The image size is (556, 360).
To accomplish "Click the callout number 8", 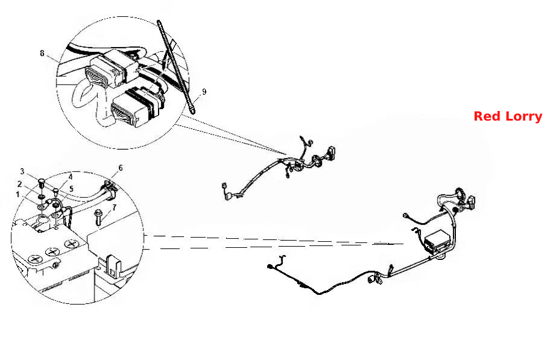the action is tap(42, 53).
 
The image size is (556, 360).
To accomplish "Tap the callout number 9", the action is tap(204, 92).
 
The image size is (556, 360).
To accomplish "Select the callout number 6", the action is tap(121, 168).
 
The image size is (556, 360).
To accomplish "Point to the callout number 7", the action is tap(114, 207).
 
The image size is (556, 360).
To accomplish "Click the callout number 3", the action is tap(22, 172).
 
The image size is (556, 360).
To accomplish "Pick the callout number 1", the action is tap(17, 194).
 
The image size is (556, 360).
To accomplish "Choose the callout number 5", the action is tap(71, 189).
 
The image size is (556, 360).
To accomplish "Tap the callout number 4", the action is tap(71, 177).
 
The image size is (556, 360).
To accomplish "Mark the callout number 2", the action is tap(19, 184).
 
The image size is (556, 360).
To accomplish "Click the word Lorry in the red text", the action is tap(523, 117).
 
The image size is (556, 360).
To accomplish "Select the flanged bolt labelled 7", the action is tap(98, 217).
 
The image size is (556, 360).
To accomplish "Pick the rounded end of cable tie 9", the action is tap(192, 111).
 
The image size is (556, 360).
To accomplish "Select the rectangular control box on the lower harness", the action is tap(438, 241).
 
